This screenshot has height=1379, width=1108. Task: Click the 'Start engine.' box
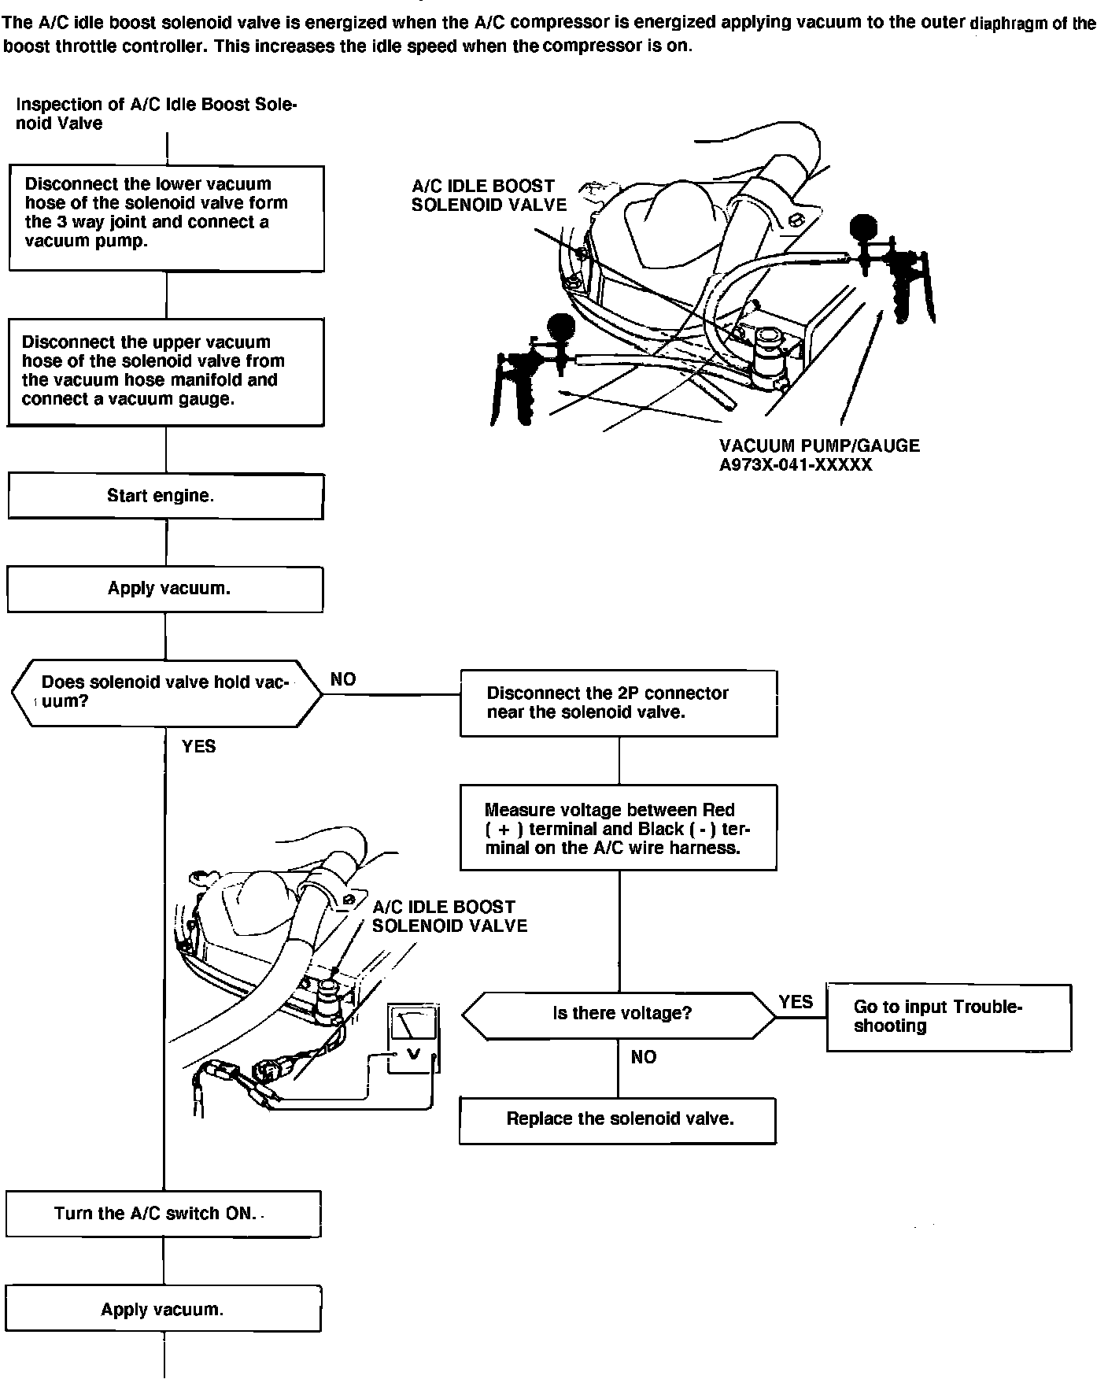(x=165, y=497)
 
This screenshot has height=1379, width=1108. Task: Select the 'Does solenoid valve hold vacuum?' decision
(x=166, y=693)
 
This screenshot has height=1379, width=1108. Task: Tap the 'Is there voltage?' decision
(x=619, y=1014)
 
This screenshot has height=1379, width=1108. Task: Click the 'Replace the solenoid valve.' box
(x=618, y=1120)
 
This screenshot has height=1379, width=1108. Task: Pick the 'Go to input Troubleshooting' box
(x=948, y=1017)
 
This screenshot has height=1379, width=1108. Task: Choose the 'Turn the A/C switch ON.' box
(x=163, y=1214)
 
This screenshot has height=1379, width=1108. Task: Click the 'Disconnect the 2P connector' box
(x=619, y=703)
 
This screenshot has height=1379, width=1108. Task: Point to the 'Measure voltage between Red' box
(x=619, y=828)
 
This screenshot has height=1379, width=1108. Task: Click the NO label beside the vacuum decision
(x=343, y=680)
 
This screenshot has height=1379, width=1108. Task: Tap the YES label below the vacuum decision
(x=198, y=746)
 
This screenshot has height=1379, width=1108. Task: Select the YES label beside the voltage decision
(x=796, y=1002)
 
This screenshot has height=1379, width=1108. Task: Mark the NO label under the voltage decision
(x=643, y=1057)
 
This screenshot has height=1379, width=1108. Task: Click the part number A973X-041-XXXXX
(x=796, y=465)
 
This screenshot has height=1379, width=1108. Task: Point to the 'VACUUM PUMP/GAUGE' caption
(x=819, y=446)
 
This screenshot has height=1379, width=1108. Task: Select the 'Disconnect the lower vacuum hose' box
(x=166, y=217)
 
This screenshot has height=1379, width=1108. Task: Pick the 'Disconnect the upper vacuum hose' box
(x=165, y=372)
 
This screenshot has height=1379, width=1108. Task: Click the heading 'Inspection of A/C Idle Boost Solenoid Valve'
(x=156, y=114)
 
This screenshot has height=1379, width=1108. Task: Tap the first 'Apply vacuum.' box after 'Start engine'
(x=165, y=590)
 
